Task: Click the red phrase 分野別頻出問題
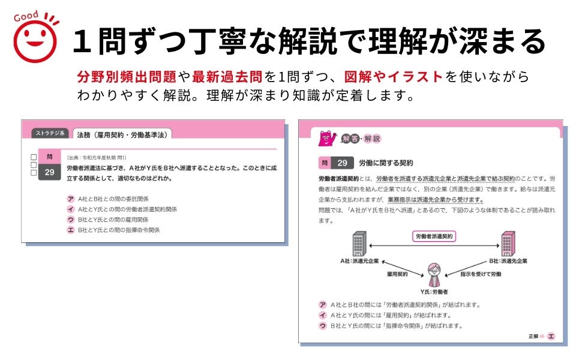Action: (x=126, y=77)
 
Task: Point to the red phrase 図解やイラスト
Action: (x=394, y=77)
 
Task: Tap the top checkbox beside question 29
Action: (x=34, y=156)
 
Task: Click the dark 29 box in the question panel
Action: (x=49, y=172)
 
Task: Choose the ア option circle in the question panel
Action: (x=71, y=199)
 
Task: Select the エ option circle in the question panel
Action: (x=71, y=230)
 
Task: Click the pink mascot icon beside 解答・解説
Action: (x=326, y=139)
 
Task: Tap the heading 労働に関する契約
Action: (x=386, y=163)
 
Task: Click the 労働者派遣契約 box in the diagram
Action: (x=435, y=236)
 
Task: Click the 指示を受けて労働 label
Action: (x=481, y=274)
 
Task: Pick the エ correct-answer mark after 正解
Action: (x=551, y=336)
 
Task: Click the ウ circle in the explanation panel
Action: (x=323, y=326)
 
